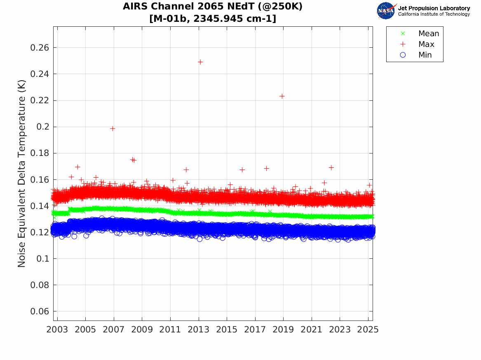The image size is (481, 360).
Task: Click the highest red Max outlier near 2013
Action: pyautogui.click(x=200, y=62)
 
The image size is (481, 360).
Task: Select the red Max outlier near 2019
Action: pyautogui.click(x=282, y=96)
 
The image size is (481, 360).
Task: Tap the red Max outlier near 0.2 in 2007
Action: pyautogui.click(x=113, y=128)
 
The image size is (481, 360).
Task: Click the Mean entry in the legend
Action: pyautogui.click(x=429, y=34)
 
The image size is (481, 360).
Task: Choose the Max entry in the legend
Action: pyautogui.click(x=426, y=44)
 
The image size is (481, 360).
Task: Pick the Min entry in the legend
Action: pyautogui.click(x=425, y=55)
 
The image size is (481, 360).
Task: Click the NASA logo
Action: pyautogui.click(x=386, y=11)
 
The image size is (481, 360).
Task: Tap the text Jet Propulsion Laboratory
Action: pyautogui.click(x=434, y=8)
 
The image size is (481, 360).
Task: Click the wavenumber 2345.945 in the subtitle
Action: pyautogui.click(x=219, y=19)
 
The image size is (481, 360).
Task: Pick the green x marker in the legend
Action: pyautogui.click(x=403, y=34)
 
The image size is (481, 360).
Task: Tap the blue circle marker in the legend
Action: pyautogui.click(x=403, y=55)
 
